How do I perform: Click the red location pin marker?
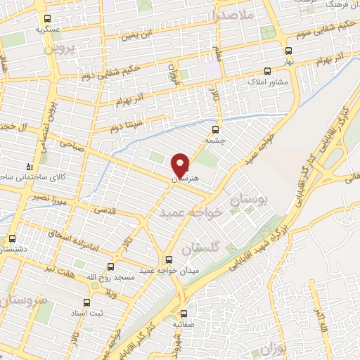180,166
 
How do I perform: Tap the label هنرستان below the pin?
186,179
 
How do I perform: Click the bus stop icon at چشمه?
215,129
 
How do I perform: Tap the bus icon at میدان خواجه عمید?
167,259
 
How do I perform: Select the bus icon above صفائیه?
183,314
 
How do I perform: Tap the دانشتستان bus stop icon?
12,238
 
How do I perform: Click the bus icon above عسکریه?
47,20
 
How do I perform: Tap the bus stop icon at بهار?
288,51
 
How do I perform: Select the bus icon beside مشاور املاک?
266,71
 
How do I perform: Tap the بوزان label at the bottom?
271,349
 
